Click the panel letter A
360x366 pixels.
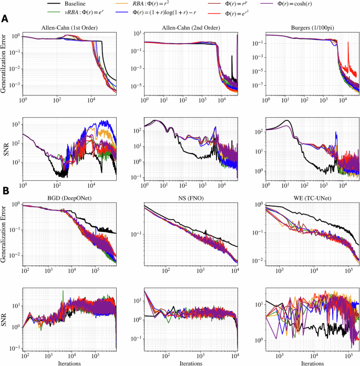pyautogui.click(x=5, y=19)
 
